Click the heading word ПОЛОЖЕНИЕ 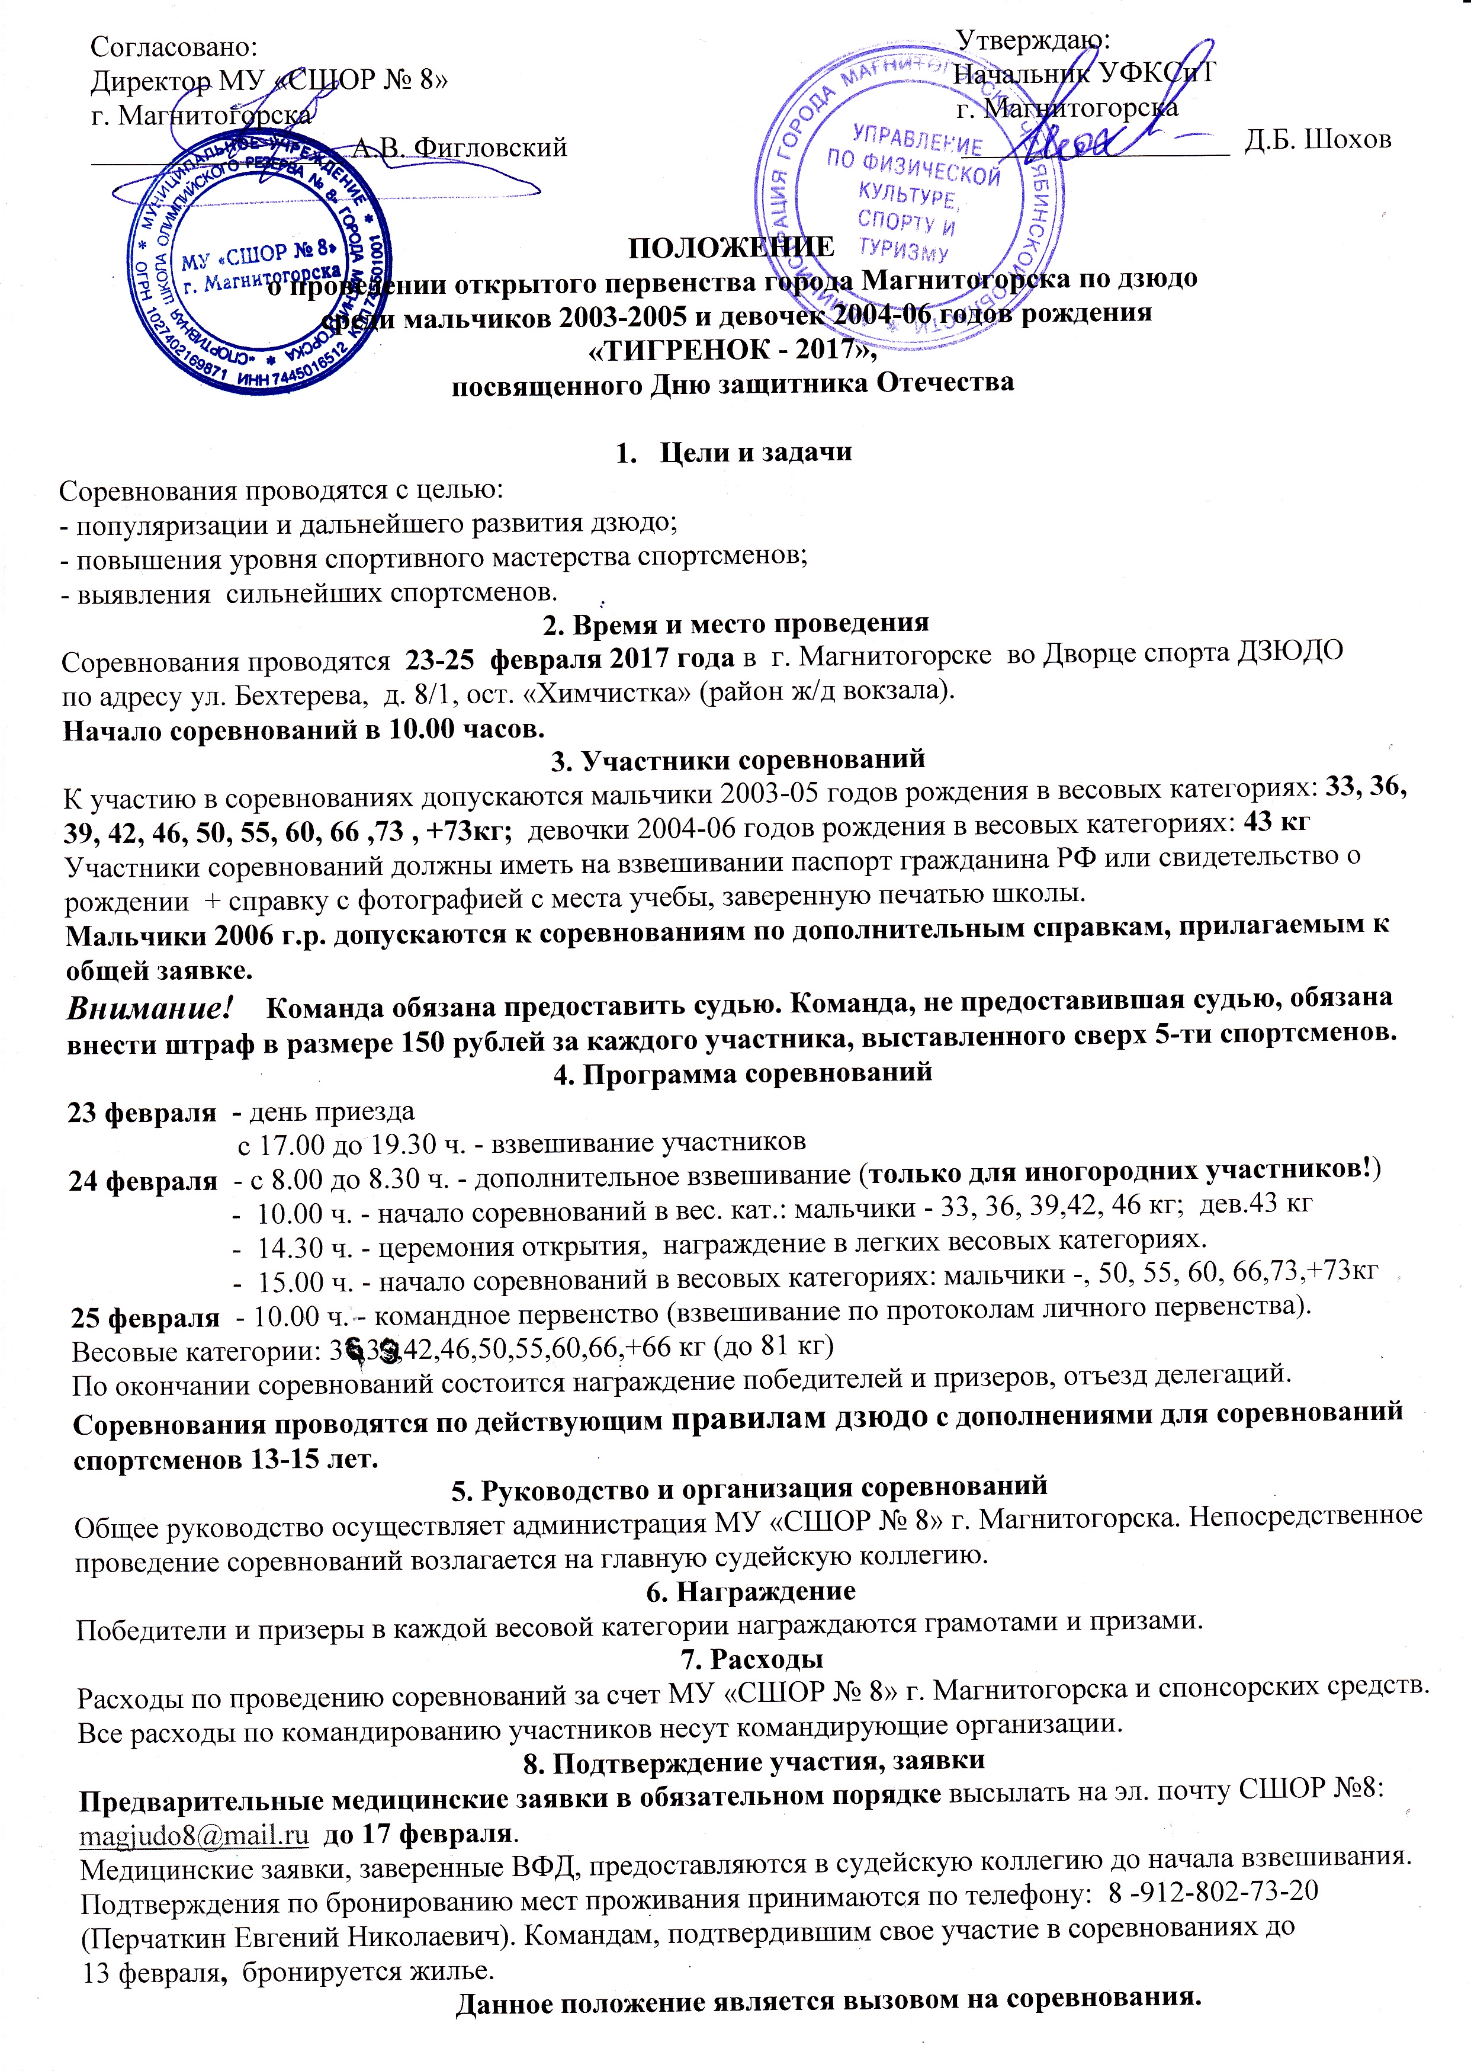coord(732,246)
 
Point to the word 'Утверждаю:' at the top coord(1033,39)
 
